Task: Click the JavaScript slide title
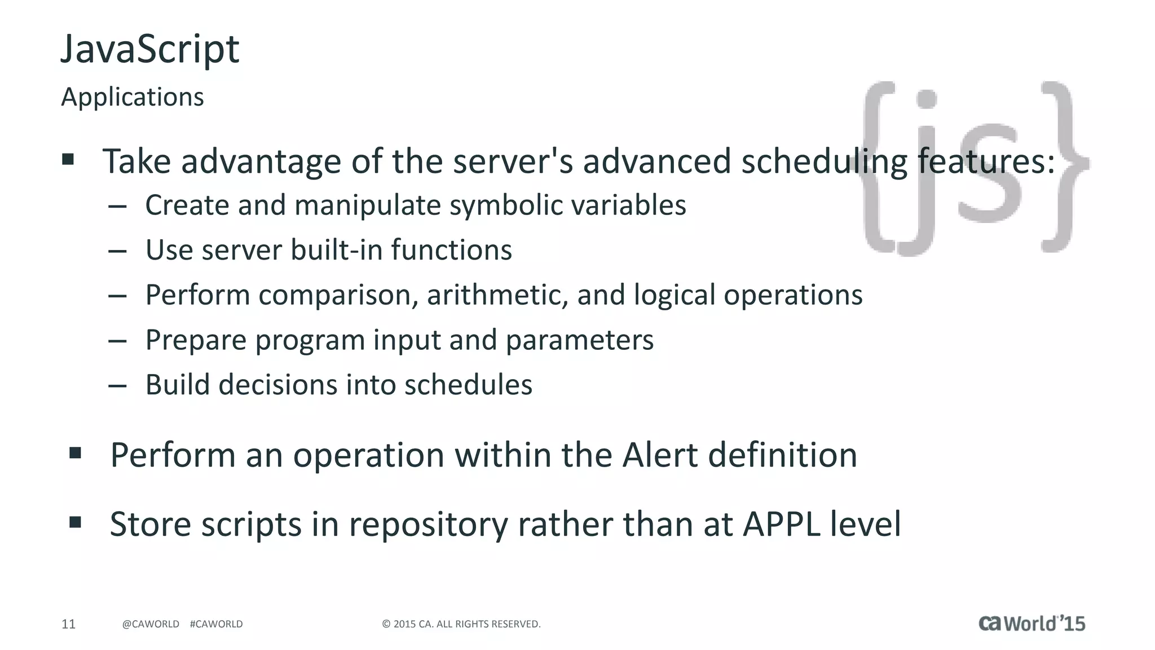(x=150, y=50)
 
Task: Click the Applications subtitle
(x=133, y=97)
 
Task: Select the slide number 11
(x=68, y=624)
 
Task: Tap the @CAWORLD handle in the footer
(x=151, y=624)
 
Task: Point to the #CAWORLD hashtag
(x=217, y=624)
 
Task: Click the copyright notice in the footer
(x=461, y=624)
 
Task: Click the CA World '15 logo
(x=1031, y=623)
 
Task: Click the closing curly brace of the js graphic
(x=1063, y=166)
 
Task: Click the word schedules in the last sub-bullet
(x=468, y=385)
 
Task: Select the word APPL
(x=782, y=524)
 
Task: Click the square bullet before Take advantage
(x=68, y=159)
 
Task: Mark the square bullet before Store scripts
(x=75, y=522)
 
